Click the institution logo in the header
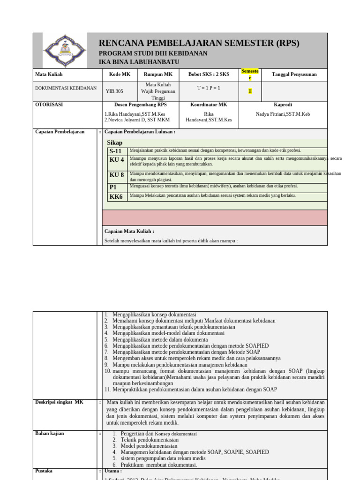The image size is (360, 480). coord(65,51)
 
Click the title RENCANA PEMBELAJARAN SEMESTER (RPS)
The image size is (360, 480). coord(199,43)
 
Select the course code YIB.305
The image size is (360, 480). coord(115,91)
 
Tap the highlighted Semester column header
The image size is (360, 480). coord(250,74)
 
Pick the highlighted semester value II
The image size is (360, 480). coord(250,91)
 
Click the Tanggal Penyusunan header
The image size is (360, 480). coord(294,74)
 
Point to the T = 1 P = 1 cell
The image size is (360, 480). coord(209,88)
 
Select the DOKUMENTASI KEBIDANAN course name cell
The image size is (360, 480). coord(66,88)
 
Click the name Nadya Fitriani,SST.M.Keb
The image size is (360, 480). coord(283,114)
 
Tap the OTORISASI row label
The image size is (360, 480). coord(49,105)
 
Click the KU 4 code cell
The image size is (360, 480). coord(117,160)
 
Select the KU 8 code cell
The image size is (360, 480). coord(117,175)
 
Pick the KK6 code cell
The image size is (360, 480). coord(116,196)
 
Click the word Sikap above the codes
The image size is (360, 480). coord(114,142)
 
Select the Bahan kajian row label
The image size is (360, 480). coord(50,434)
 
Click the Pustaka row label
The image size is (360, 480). coord(44,470)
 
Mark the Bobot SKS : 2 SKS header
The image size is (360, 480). coord(209,74)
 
